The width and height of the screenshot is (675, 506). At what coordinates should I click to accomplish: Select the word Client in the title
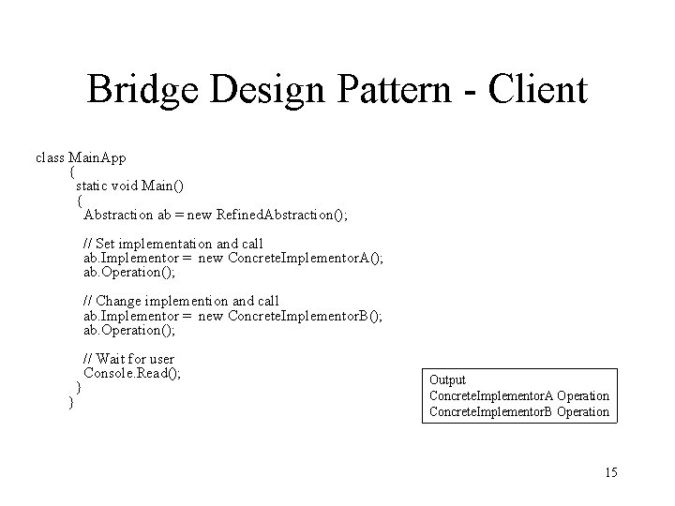(x=538, y=91)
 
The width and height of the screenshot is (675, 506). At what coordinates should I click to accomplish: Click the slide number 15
(x=609, y=472)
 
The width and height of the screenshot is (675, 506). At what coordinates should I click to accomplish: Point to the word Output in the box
(x=447, y=380)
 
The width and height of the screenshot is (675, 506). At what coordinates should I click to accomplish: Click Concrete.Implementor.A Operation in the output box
(x=518, y=396)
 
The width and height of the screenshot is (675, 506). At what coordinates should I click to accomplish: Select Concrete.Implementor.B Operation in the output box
(x=518, y=412)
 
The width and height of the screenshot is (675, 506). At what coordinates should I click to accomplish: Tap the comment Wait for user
(x=128, y=359)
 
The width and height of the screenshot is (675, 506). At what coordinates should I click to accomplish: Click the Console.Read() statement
(x=132, y=373)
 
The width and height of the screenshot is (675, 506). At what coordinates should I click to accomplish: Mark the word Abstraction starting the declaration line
(x=121, y=216)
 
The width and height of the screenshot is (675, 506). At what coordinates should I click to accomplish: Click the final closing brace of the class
(x=71, y=402)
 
